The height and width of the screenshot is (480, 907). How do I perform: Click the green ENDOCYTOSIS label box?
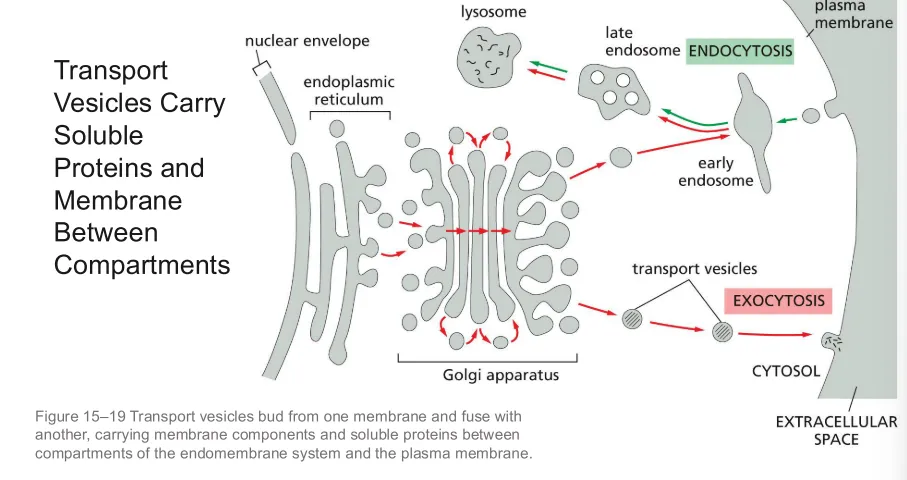739,51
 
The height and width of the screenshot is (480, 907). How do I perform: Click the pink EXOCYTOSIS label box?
778,301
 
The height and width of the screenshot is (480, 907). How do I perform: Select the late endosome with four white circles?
613,91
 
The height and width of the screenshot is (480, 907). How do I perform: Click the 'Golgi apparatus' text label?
501,375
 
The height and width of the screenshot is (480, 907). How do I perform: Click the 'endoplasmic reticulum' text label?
349,91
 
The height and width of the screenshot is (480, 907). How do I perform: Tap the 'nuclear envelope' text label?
307,41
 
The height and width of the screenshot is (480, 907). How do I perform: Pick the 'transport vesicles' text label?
695,269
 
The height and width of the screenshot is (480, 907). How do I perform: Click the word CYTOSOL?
786,371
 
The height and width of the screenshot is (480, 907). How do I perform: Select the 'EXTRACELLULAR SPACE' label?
836,430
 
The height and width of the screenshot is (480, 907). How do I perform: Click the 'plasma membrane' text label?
854,15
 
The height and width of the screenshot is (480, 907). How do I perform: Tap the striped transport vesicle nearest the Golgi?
632,319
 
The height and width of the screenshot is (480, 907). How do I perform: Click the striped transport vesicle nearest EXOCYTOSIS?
722,332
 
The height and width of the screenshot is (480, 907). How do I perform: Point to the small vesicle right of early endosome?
811,116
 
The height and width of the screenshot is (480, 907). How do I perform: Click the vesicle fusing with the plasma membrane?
831,341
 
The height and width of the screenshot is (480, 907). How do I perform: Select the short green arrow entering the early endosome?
786,120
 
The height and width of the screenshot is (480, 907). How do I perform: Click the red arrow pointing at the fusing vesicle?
775,334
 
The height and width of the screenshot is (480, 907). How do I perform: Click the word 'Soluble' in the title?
98,135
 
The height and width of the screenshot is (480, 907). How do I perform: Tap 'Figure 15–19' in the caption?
80,416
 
